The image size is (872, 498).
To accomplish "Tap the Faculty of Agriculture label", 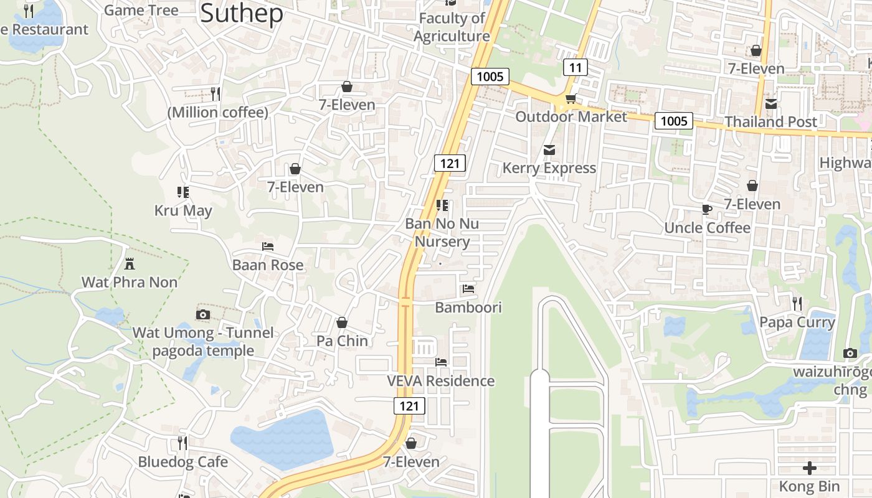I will pos(452,27).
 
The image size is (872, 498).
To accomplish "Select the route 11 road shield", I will pos(575,67).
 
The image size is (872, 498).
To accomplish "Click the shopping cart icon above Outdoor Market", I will pos(570,99).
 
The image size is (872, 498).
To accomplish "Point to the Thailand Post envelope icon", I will pos(771,104).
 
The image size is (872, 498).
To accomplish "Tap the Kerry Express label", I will pos(549,168).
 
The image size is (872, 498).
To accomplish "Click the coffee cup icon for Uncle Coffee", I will pos(706,210).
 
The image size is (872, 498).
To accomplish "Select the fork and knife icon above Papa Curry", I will pos(797,304).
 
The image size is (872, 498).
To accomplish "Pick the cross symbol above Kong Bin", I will pos(809,467).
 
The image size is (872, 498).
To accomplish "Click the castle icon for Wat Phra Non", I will pos(130,264).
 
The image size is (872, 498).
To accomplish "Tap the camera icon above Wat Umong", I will pos(202,315).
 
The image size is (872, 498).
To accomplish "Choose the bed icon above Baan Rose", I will pos(268,247).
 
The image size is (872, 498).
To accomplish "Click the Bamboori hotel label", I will pos(468,308).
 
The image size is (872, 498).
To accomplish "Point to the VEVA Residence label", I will pos(440,381).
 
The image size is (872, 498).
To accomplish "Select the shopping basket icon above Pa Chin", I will pos(342,322).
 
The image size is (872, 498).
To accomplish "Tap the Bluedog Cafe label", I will pos(182,462).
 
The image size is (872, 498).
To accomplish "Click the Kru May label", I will pos(183,210).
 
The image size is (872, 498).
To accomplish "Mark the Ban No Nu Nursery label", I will pos(442,232).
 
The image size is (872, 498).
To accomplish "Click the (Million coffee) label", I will pos(217,113).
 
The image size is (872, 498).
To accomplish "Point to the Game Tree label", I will pos(141,10).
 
